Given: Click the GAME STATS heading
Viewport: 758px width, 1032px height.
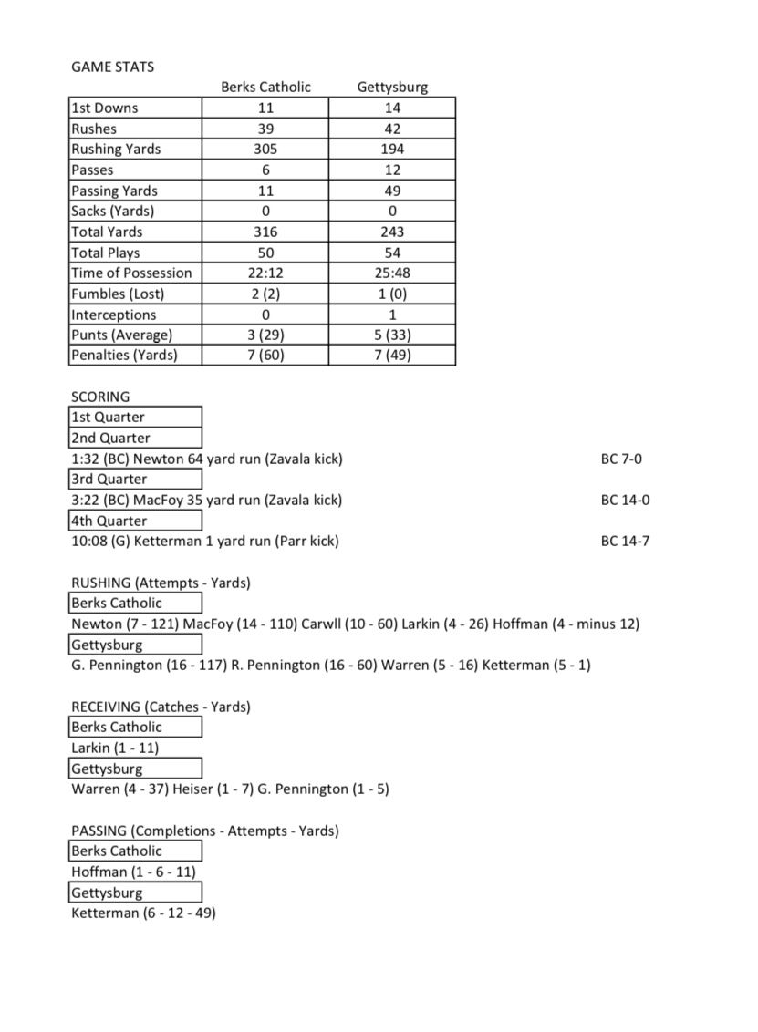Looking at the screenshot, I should click(112, 67).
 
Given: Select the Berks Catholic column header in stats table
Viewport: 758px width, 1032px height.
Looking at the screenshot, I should click(265, 88).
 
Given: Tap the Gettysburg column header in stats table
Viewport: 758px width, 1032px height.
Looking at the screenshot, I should click(392, 88).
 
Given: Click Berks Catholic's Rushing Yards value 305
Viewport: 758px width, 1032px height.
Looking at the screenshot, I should click(265, 149).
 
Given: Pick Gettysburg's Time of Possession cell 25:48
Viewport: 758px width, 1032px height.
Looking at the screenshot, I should click(392, 273).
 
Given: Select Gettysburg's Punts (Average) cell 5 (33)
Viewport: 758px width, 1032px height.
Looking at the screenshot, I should click(392, 335).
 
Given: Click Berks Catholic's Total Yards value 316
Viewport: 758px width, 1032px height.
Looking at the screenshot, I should click(265, 232).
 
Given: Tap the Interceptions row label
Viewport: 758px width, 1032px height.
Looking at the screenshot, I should click(114, 315).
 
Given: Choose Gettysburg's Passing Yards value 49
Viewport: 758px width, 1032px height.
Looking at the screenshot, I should click(392, 191).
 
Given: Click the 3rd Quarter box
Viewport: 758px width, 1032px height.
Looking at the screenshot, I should click(135, 479).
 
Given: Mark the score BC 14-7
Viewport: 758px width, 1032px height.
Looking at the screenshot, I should click(625, 541).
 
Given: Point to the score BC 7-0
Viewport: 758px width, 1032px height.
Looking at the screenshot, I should click(621, 459).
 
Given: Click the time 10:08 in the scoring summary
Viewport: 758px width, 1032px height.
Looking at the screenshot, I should click(88, 541).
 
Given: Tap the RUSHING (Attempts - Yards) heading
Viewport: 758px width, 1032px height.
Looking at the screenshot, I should click(161, 583).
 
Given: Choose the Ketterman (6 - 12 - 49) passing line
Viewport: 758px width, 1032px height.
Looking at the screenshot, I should click(143, 913).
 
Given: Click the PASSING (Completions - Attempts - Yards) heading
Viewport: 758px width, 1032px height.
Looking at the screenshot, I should click(205, 831).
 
